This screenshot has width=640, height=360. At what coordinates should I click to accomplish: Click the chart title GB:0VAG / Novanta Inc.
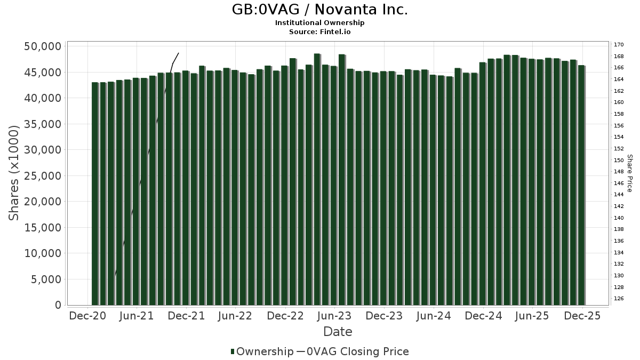(320, 10)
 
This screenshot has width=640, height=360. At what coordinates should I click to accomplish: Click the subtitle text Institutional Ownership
(320, 23)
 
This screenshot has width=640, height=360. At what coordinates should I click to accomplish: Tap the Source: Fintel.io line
(320, 31)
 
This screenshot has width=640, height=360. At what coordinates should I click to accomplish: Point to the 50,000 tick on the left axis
(43, 46)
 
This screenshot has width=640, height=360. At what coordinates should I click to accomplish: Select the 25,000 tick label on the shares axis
(43, 176)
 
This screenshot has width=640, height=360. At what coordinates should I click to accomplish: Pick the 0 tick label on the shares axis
(58, 305)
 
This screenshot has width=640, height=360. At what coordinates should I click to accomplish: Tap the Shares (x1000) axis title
(14, 173)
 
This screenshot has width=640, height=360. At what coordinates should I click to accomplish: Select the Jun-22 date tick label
(236, 316)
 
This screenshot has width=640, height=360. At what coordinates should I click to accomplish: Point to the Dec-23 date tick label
(384, 316)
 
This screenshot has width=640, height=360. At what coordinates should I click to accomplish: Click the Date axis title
(338, 332)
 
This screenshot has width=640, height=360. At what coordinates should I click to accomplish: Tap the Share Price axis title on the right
(630, 173)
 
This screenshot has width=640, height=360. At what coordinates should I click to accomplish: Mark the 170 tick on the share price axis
(619, 45)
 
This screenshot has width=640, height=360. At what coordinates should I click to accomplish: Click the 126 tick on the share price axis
(619, 299)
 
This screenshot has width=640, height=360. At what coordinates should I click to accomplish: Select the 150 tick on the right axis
(619, 160)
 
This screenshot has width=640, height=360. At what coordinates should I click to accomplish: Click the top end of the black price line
(178, 53)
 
